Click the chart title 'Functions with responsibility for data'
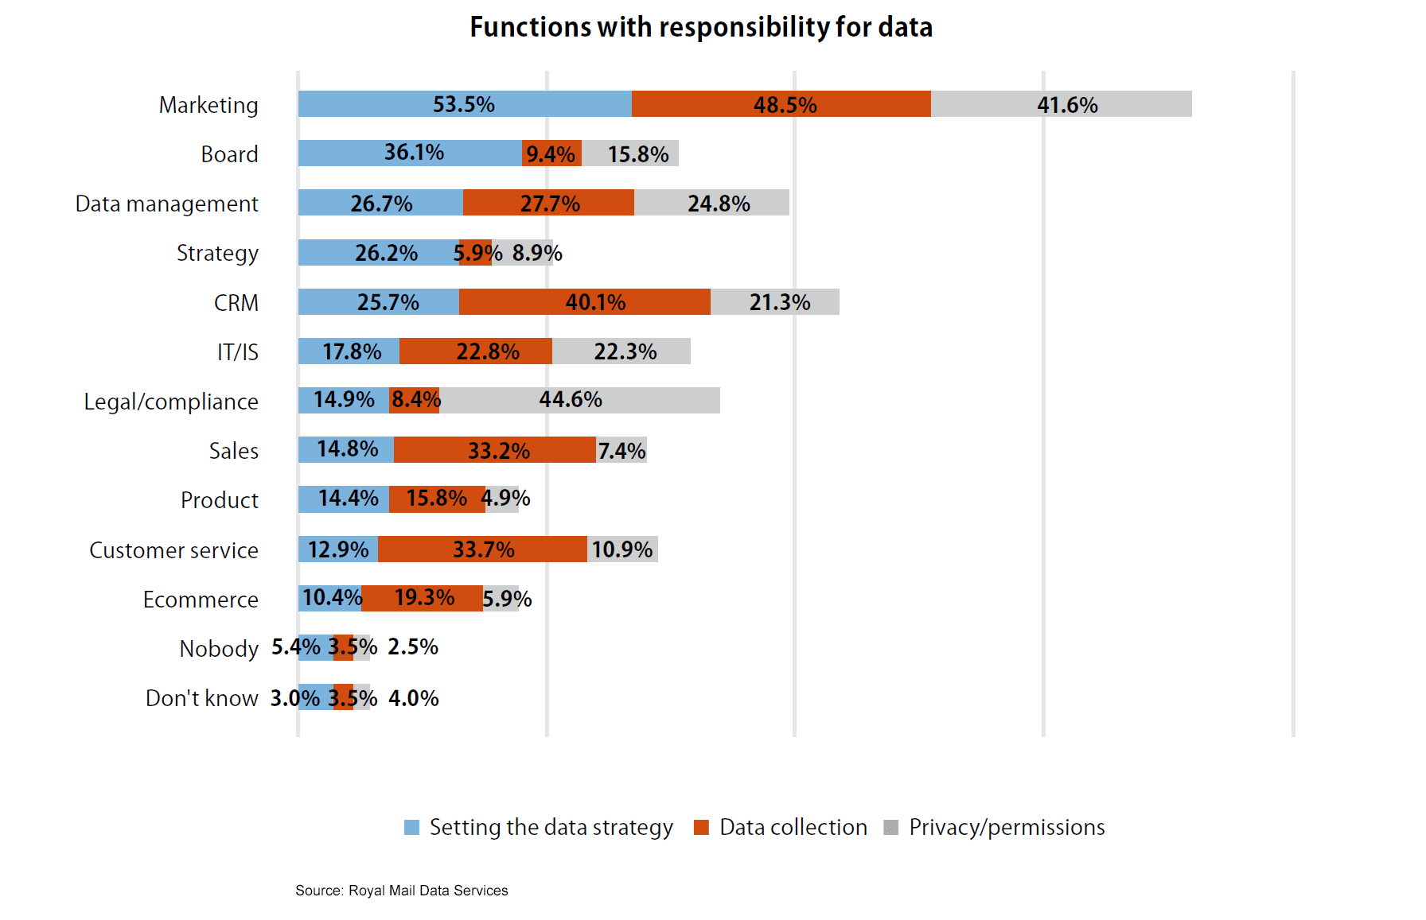700,27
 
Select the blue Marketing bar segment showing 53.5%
465,104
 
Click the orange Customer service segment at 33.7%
482,549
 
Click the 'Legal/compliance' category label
171,402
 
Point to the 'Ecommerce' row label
201,600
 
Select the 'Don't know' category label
201,698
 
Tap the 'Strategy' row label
217,253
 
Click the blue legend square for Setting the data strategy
411,827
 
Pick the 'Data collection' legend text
793,827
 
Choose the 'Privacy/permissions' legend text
1007,827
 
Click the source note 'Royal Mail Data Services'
428,891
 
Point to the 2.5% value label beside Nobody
413,647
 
